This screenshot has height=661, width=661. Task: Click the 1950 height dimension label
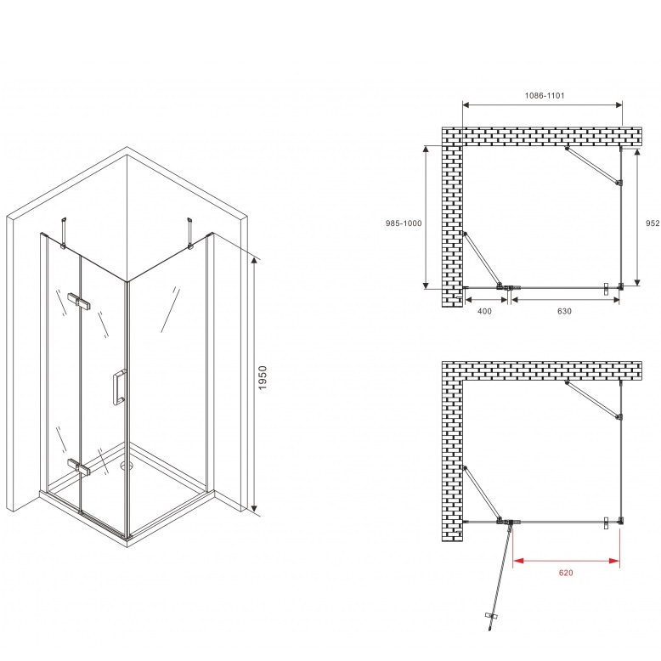pos(263,378)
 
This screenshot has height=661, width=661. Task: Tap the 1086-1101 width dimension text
pos(545,96)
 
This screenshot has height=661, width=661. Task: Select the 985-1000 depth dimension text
pos(404,223)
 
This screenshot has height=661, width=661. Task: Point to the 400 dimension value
pos(484,311)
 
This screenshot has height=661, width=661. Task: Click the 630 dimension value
pos(564,311)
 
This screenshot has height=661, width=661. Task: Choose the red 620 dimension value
pos(566,573)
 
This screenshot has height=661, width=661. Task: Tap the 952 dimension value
pos(653,223)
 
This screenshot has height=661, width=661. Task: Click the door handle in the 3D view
pos(118,387)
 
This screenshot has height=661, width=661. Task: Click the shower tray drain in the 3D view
pos(126,466)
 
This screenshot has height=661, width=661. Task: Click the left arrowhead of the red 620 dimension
pos(518,561)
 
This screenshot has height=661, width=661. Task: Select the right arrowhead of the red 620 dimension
pos(614,561)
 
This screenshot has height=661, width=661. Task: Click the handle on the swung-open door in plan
pos(492,615)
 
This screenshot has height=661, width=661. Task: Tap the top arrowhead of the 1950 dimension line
pos(254,262)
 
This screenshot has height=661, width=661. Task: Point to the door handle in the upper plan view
pos(606,288)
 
